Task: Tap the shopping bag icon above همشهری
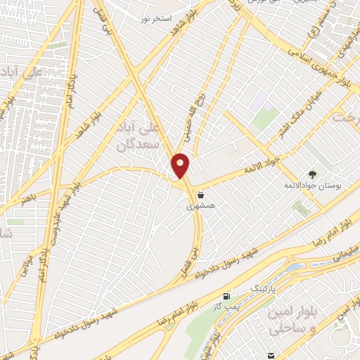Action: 202,195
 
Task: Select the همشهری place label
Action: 199,207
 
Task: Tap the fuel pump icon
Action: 226,297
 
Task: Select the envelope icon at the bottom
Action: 271,354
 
